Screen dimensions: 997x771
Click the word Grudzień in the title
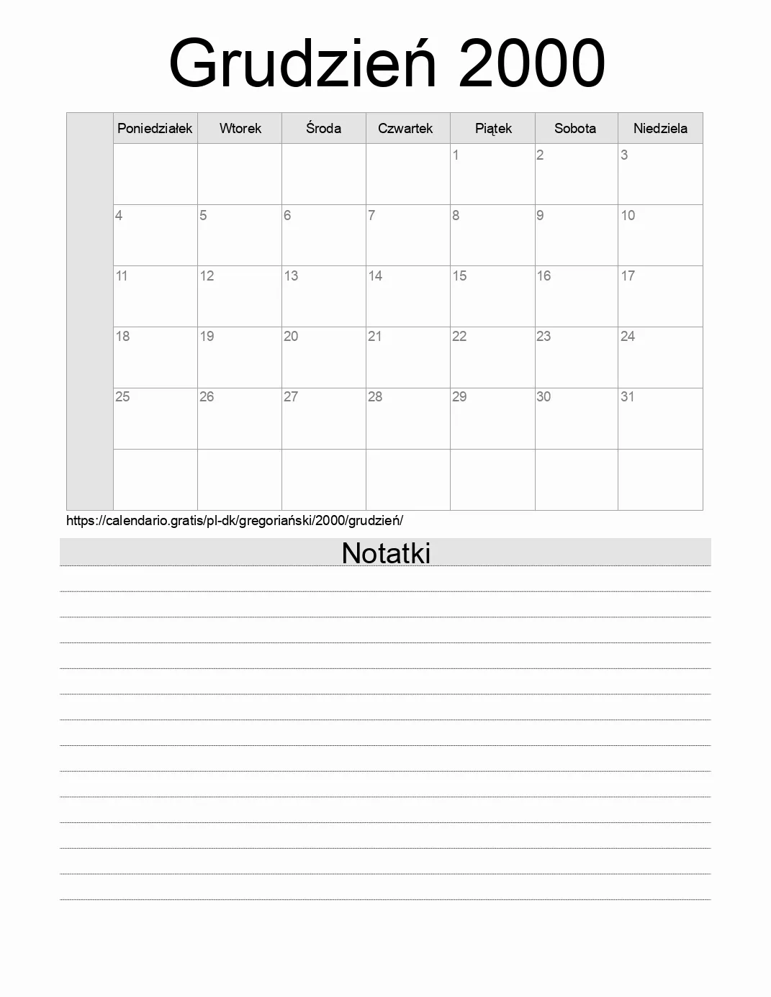click(302, 63)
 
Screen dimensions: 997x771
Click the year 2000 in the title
click(531, 63)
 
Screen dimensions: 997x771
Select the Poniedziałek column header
click(155, 129)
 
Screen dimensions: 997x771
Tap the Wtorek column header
click(240, 129)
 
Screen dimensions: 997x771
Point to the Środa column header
click(323, 129)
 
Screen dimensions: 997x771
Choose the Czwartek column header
click(405, 129)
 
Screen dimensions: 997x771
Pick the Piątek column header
click(493, 129)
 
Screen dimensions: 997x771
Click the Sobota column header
click(575, 129)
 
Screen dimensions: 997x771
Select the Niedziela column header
click(660, 129)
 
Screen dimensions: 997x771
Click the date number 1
click(456, 155)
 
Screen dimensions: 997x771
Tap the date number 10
click(628, 215)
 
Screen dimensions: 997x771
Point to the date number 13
click(291, 276)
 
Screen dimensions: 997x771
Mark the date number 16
click(544, 276)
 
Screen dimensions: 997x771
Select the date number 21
click(375, 336)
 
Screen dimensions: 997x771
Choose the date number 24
click(628, 336)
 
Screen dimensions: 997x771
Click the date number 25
click(122, 396)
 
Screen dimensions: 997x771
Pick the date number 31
click(628, 396)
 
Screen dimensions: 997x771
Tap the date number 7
click(371, 215)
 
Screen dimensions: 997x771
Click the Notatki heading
click(386, 553)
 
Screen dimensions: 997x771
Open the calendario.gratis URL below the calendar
click(235, 521)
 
